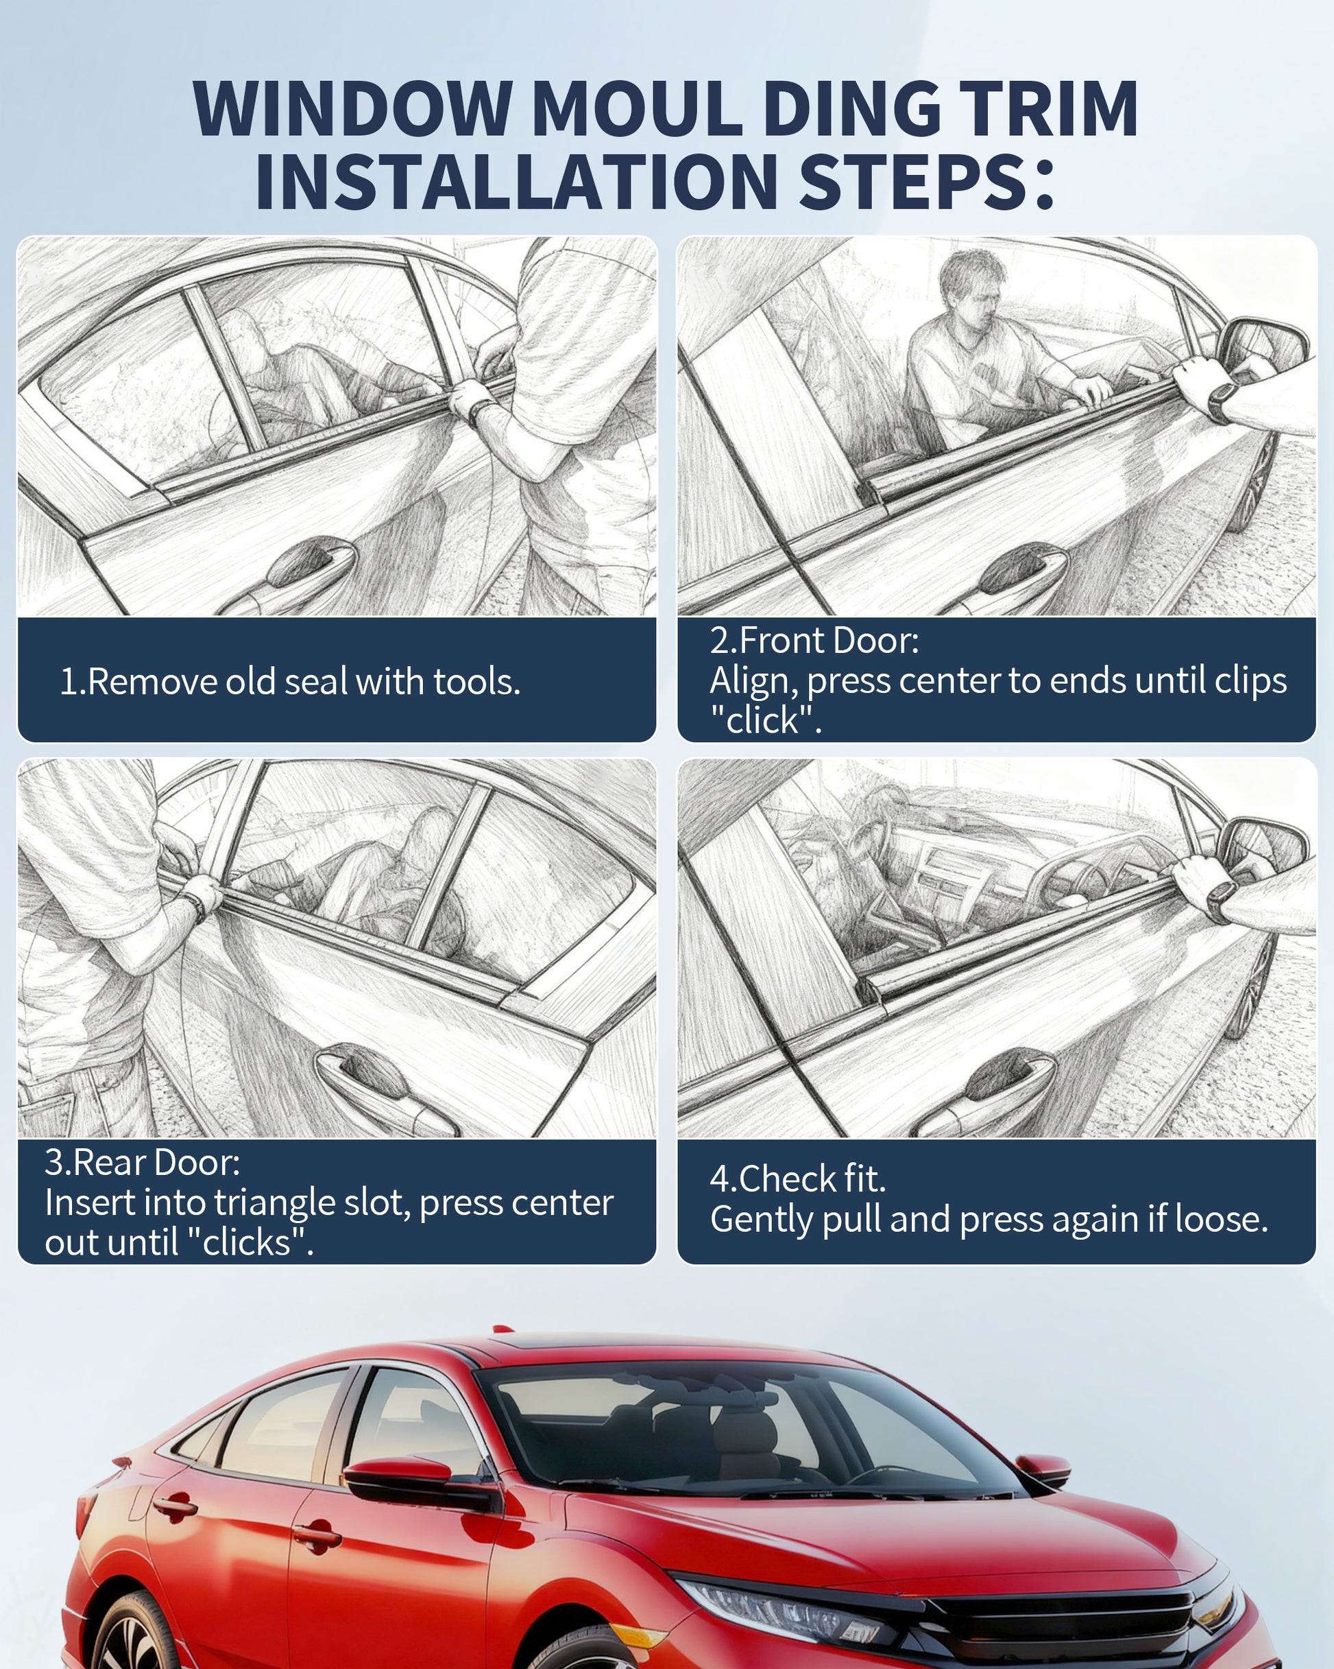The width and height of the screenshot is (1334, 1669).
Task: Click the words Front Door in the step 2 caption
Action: tap(829, 640)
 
